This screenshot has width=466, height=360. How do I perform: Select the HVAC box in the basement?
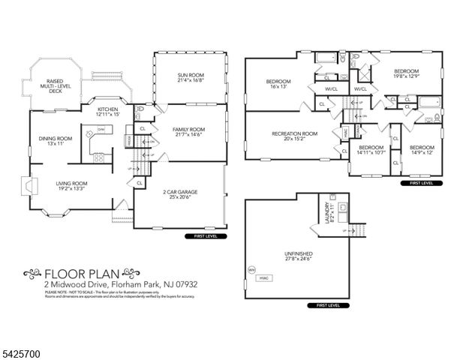pos(264,277)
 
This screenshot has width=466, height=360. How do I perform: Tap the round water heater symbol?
pos(252,270)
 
